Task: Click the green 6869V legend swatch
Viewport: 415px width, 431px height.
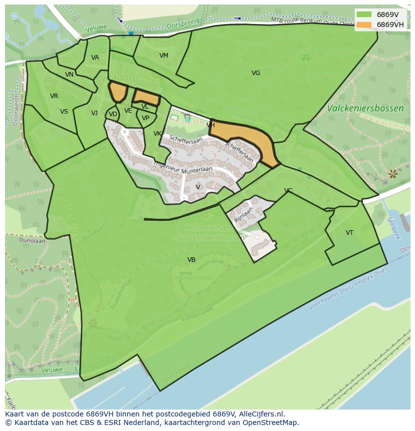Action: tap(364, 15)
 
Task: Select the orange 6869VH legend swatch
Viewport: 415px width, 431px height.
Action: tap(364, 25)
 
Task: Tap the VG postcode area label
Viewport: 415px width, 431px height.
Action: tap(256, 73)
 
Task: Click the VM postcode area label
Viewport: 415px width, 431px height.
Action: tap(164, 56)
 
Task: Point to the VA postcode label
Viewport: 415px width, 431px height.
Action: tap(95, 58)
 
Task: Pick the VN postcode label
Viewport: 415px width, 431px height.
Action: tap(69, 75)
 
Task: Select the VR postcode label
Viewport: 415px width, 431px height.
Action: tap(54, 96)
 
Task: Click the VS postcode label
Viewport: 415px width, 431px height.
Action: tap(64, 112)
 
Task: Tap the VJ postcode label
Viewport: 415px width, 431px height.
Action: tap(94, 113)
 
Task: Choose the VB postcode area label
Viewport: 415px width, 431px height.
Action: tap(191, 260)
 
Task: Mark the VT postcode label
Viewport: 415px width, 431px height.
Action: tap(349, 233)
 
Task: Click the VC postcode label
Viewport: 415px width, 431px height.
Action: tap(288, 191)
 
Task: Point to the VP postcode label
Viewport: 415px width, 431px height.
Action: tap(145, 119)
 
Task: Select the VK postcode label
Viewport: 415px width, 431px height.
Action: tap(157, 134)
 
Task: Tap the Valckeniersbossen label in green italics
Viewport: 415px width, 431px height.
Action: tap(365, 108)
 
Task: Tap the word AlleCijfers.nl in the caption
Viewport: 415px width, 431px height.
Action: tap(261, 414)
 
